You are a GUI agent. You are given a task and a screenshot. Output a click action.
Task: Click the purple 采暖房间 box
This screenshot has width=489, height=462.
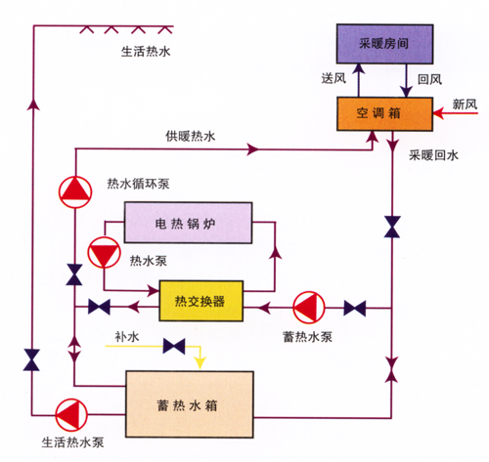[x=384, y=44]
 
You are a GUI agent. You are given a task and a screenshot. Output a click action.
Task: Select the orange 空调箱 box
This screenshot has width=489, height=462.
[x=384, y=113]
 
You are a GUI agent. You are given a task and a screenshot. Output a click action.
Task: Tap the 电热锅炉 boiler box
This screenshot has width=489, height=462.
[x=188, y=223]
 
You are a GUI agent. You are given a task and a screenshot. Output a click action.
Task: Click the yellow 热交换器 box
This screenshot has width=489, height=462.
[x=200, y=301]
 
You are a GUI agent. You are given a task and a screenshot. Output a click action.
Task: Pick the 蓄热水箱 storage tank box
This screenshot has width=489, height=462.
[x=190, y=403]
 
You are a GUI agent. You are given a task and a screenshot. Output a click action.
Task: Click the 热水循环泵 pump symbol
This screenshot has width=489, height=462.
[x=75, y=192]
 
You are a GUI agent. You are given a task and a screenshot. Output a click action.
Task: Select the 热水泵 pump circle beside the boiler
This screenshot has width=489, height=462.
[x=104, y=253]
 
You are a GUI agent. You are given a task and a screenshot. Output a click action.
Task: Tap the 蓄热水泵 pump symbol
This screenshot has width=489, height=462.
[x=309, y=308]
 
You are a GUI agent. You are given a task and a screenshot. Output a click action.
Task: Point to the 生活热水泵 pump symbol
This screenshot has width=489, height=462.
[x=71, y=415]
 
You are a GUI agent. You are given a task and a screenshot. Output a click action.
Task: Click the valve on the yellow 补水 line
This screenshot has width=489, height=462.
[x=174, y=346]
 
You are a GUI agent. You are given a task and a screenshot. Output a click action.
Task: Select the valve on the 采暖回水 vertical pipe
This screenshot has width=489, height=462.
[x=392, y=227]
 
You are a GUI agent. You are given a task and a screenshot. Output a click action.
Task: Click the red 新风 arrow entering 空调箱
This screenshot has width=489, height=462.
[x=455, y=113]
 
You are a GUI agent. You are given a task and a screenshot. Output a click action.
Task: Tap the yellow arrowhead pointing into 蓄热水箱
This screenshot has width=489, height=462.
[x=200, y=363]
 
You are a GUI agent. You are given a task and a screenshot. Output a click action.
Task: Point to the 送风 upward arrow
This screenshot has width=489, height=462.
[x=359, y=80]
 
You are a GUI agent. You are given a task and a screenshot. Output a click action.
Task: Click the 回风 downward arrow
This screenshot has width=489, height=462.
[x=406, y=81]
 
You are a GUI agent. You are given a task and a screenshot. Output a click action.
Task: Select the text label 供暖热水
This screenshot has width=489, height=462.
[x=191, y=136]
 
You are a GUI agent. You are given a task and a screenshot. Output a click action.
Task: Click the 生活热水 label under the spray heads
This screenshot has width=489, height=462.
[x=146, y=52]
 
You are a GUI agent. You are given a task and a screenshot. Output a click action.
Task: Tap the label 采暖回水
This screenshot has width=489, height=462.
[x=433, y=155]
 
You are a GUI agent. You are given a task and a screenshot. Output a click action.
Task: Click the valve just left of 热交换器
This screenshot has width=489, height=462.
[x=99, y=307]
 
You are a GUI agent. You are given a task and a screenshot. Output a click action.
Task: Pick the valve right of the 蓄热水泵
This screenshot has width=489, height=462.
[x=355, y=308]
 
